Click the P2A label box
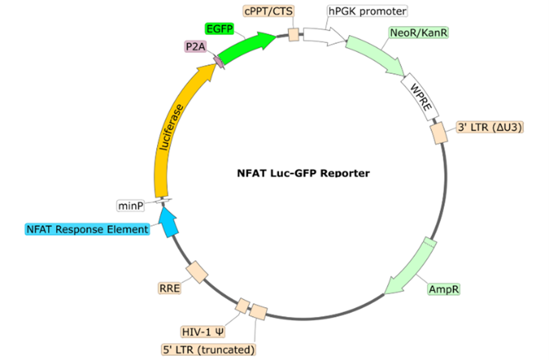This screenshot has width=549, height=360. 194,47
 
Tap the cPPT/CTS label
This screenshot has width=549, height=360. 269,10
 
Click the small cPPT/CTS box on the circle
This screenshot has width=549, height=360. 294,35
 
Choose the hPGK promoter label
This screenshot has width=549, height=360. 366,10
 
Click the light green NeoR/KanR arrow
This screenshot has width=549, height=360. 380,55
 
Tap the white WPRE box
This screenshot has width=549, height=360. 423,98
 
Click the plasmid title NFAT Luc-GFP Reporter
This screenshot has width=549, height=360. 303,173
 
